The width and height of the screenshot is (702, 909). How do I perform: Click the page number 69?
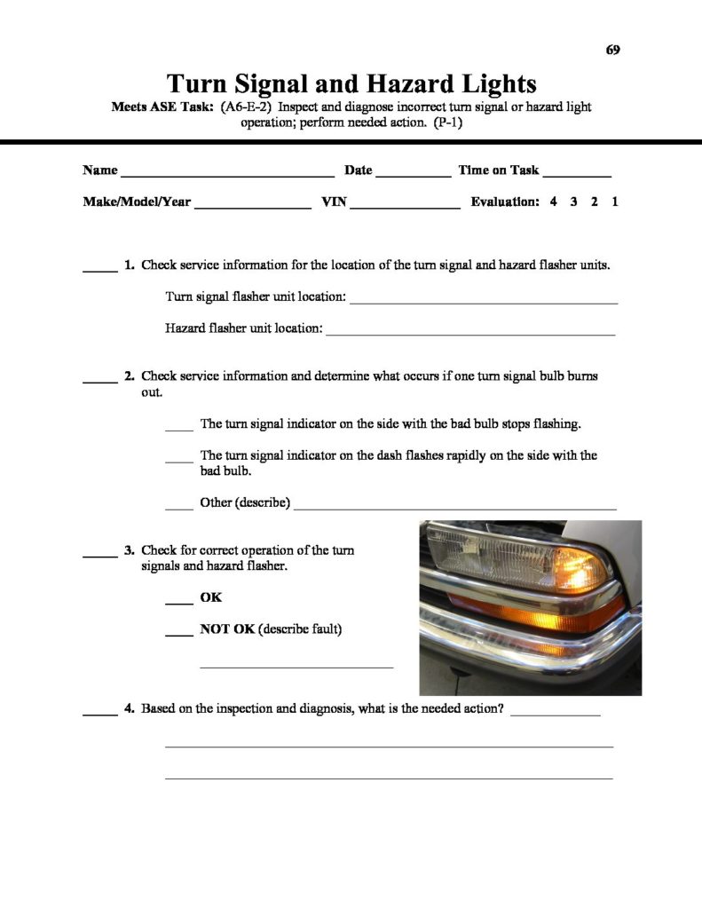(612, 50)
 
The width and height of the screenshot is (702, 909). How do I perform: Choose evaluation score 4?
(554, 202)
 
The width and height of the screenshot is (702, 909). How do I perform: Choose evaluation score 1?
(615, 202)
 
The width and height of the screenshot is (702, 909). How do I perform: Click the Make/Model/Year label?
(137, 202)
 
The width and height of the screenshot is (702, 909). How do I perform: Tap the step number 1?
(130, 265)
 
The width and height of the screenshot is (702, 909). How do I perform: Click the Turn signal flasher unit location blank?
(484, 302)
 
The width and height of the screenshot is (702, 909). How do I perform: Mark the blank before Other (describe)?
(178, 508)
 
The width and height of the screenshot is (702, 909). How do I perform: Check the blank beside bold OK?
(179, 603)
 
